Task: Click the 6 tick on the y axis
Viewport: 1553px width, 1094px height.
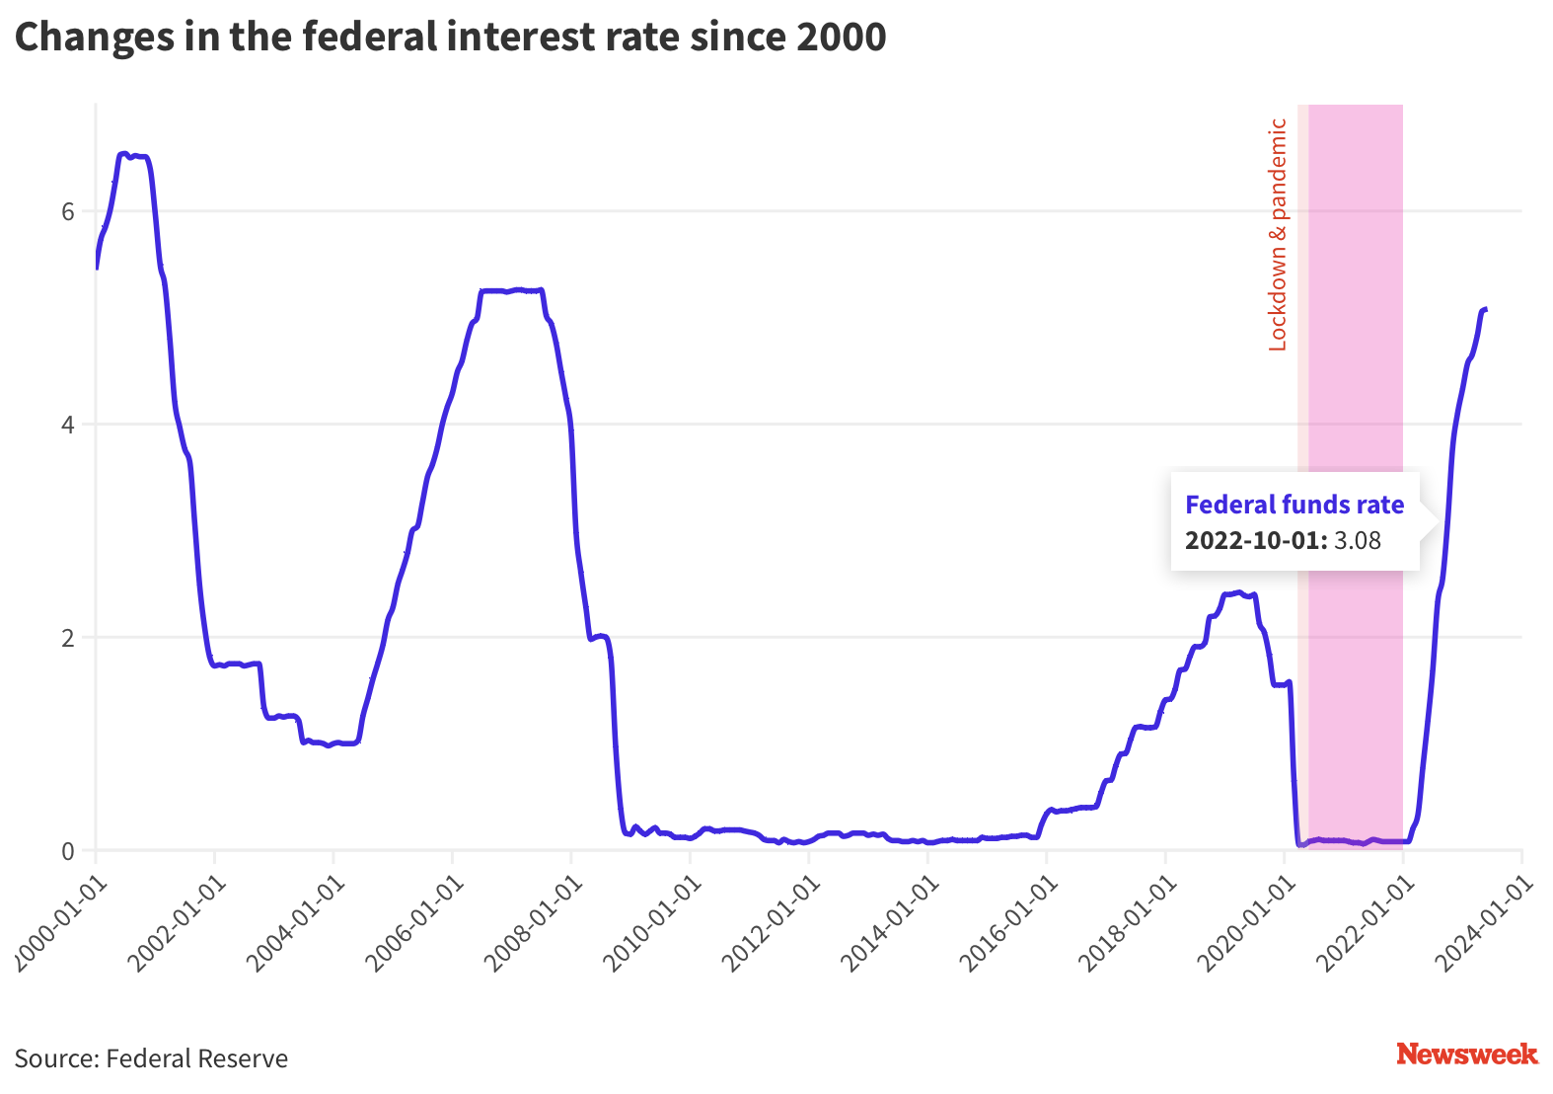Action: (68, 211)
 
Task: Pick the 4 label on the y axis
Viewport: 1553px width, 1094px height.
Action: (68, 425)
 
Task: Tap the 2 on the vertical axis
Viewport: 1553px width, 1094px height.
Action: (68, 638)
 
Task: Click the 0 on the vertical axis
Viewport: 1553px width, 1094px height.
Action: (68, 850)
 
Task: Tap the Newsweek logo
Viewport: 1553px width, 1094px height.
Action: (1466, 1055)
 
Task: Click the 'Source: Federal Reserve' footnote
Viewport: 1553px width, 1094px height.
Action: (151, 1058)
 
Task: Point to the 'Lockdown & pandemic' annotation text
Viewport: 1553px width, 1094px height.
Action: (1278, 235)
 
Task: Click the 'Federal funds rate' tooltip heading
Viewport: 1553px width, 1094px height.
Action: (1294, 505)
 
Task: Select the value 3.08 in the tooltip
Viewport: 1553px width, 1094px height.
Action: (1358, 541)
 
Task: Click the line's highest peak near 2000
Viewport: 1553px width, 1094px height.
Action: (124, 154)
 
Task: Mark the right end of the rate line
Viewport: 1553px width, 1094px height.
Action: (1485, 310)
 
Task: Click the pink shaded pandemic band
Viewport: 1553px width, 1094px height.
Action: (1355, 346)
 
